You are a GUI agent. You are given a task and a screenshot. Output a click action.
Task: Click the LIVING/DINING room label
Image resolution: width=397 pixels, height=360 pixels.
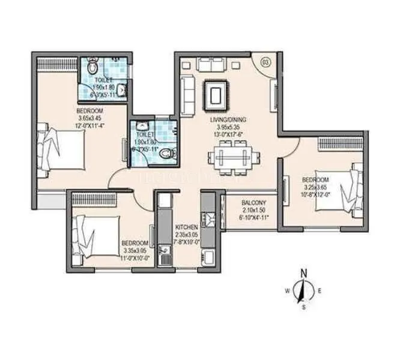[228, 120]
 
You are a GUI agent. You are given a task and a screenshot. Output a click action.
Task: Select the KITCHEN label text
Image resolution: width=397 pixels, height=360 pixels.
[187, 229]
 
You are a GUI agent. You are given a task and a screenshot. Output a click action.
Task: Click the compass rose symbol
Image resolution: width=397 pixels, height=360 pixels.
[303, 291]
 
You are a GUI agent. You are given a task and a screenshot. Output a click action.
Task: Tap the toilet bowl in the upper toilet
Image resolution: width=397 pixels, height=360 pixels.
[92, 65]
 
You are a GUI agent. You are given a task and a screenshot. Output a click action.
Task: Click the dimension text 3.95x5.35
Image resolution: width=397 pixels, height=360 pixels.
[228, 127]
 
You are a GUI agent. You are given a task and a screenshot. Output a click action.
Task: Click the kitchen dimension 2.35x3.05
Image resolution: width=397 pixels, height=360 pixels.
[187, 236]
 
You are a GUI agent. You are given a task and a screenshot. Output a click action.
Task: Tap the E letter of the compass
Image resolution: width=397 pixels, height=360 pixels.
[320, 291]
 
